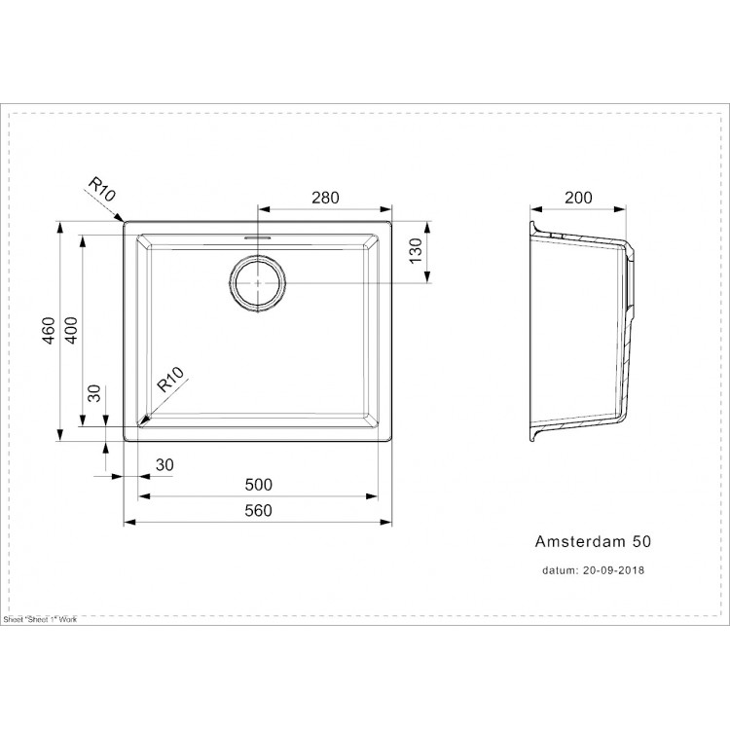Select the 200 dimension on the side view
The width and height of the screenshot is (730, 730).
[x=578, y=198]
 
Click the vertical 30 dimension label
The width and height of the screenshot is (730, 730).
[x=94, y=394]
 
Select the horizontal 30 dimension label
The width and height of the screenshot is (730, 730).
[x=164, y=465]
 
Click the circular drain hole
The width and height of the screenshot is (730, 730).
[x=258, y=283]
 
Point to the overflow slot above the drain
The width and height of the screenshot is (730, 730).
[x=258, y=237]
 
